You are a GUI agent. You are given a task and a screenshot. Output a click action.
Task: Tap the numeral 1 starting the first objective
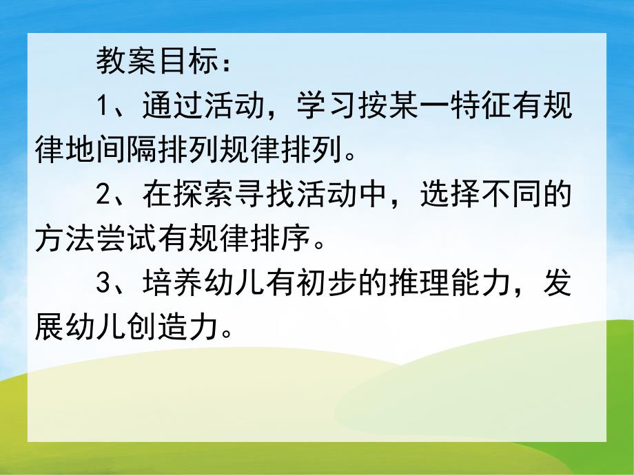pos(103,107)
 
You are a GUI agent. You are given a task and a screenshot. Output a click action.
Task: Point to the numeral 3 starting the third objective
pos(103,286)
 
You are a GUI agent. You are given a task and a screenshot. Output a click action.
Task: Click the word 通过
pos(173,107)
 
